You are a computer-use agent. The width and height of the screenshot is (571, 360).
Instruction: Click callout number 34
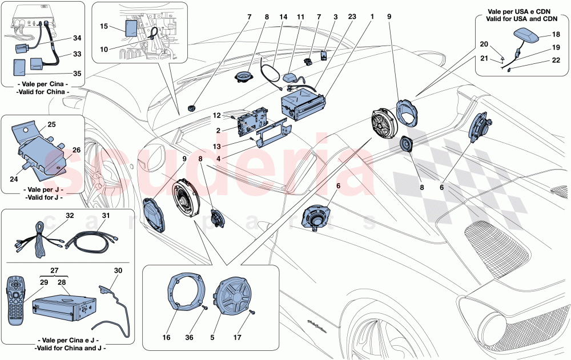click(x=76, y=38)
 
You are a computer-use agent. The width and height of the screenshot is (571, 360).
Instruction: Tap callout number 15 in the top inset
click(x=103, y=26)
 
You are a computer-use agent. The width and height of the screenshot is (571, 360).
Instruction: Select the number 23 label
click(x=352, y=17)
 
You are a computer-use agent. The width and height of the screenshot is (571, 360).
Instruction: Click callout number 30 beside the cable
click(x=118, y=270)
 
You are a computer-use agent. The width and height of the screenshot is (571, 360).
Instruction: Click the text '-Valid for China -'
click(x=43, y=92)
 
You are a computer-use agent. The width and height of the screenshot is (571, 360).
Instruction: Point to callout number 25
click(x=51, y=124)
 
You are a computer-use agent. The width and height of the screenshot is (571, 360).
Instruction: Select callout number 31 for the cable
click(x=105, y=215)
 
